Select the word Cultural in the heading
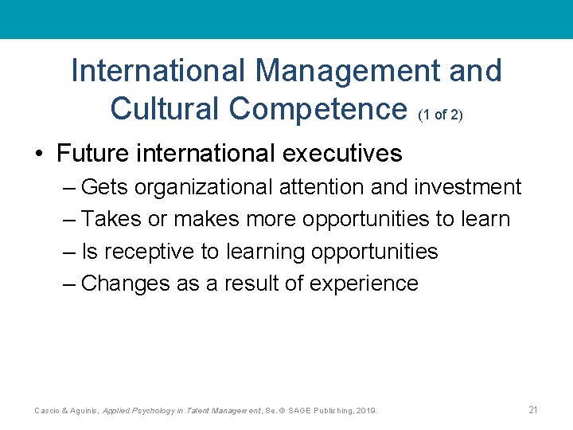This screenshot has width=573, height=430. (166, 108)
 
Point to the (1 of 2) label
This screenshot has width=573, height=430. (439, 115)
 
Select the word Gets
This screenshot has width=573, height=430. (106, 187)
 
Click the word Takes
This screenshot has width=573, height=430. (112, 219)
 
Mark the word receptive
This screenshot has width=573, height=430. (149, 252)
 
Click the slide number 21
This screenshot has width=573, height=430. (533, 410)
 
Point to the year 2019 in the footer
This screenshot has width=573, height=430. (367, 411)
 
